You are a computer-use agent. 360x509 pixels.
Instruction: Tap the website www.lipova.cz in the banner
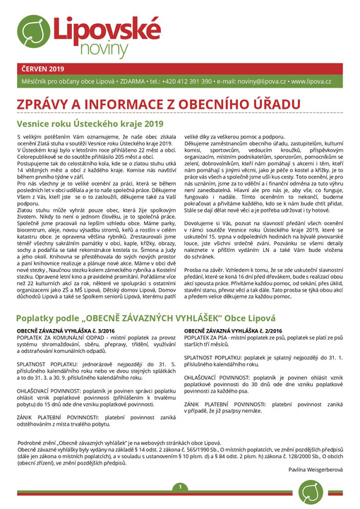[311, 82]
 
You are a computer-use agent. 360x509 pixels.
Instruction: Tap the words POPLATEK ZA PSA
[208, 340]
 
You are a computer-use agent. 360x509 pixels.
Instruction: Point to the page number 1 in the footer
[180, 487]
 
